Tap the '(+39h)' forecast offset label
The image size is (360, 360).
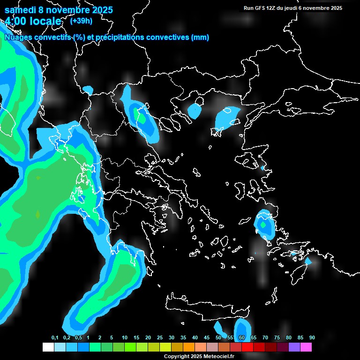click(x=81, y=21)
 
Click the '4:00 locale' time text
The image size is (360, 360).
click(x=33, y=21)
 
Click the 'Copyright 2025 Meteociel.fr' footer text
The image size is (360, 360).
click(x=199, y=356)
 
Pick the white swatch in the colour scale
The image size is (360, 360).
click(x=48, y=347)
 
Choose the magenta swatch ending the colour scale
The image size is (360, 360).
click(x=306, y=347)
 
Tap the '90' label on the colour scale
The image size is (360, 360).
click(x=312, y=337)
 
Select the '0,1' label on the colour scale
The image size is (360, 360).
click(x=54, y=337)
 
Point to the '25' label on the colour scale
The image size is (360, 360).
click(x=160, y=337)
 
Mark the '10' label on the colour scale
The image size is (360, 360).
click(x=125, y=337)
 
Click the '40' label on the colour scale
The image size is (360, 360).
click(x=195, y=337)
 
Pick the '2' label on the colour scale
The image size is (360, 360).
click(x=100, y=337)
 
